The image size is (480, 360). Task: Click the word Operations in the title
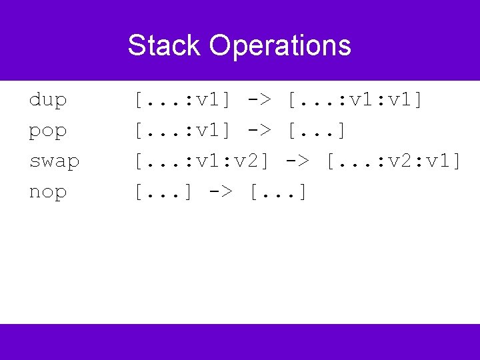pyautogui.click(x=279, y=45)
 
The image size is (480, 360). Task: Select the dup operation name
pyautogui.click(x=48, y=100)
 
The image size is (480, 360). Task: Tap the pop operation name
pyautogui.click(x=48, y=131)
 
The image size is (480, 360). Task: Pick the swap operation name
pyautogui.click(x=55, y=161)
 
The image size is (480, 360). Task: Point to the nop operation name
pyautogui.click(x=48, y=192)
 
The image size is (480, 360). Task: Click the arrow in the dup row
pyautogui.click(x=259, y=100)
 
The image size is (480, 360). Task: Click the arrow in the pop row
pyautogui.click(x=259, y=131)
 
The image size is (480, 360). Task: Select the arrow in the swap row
pyautogui.click(x=297, y=161)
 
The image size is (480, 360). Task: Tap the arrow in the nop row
pyautogui.click(x=220, y=192)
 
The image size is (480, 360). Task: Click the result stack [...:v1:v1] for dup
pyautogui.click(x=355, y=100)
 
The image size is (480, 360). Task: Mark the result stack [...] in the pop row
pyautogui.click(x=317, y=131)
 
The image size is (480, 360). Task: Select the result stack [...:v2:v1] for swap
pyautogui.click(x=393, y=161)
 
